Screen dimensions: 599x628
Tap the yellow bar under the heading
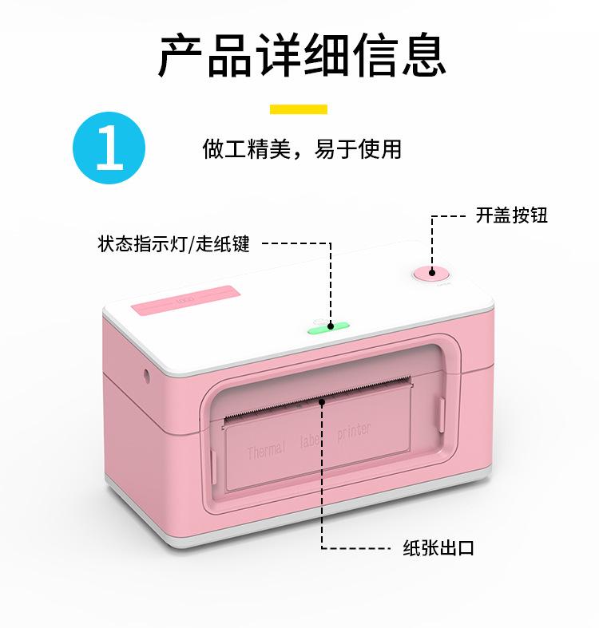click(299, 109)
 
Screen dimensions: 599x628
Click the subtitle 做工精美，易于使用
click(302, 148)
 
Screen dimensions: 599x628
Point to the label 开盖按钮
click(512, 215)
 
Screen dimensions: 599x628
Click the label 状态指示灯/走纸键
click(174, 243)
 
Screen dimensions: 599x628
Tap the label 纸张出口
click(438, 547)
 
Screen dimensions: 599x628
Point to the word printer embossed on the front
click(354, 432)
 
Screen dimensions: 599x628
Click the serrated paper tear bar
click(319, 400)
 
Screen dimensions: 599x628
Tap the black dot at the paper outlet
click(322, 402)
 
